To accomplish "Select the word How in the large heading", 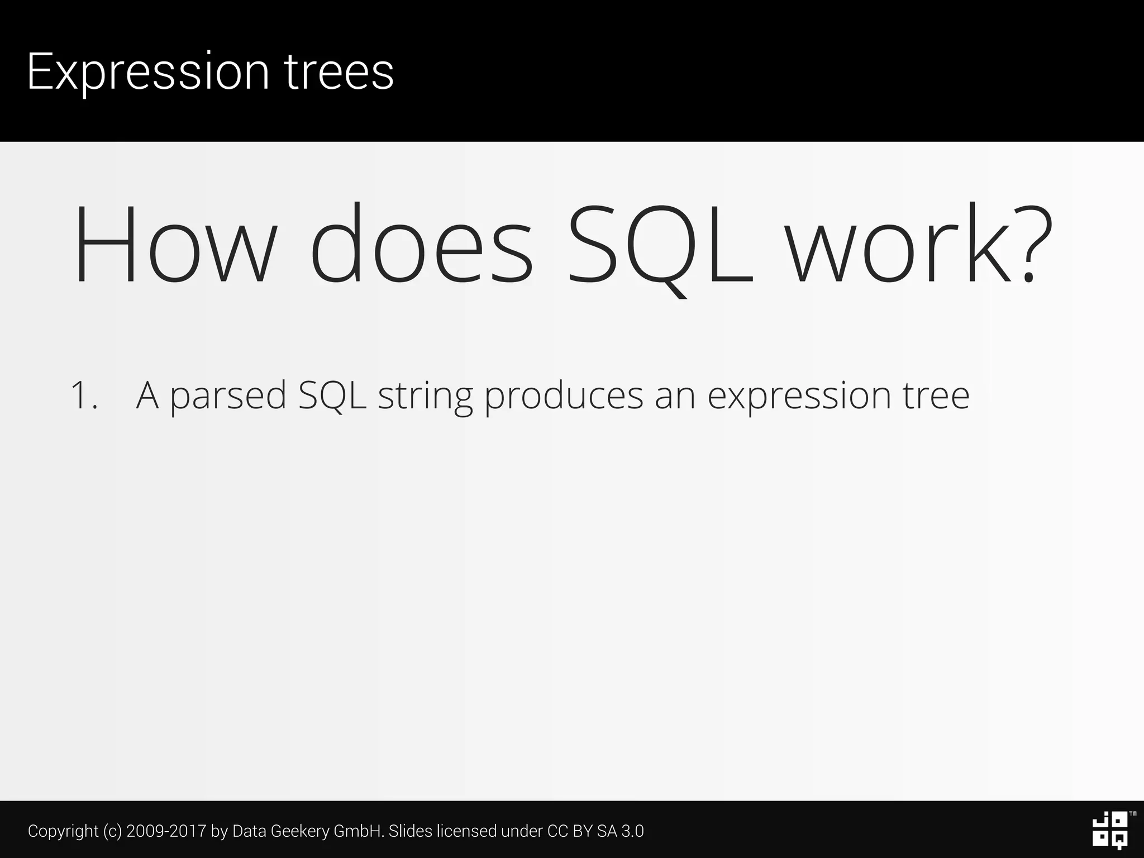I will [175, 246].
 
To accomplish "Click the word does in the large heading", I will [422, 246].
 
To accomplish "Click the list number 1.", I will [83, 395].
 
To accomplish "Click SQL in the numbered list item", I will [332, 395].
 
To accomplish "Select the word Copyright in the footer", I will [63, 831].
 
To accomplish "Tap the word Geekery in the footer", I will [302, 831].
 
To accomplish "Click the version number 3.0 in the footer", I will [632, 831].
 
